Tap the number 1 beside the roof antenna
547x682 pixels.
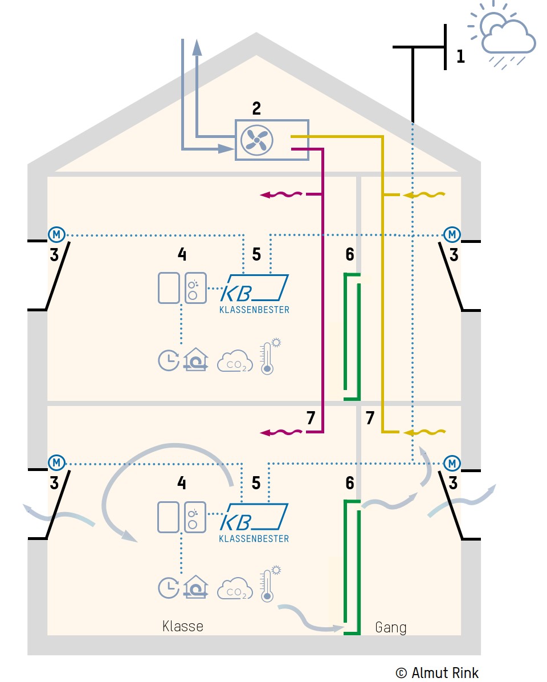click(460, 57)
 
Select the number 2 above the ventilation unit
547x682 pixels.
click(256, 107)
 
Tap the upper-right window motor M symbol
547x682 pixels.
click(452, 234)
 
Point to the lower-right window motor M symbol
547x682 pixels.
click(452, 462)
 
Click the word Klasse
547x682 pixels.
click(182, 626)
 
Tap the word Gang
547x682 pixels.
click(391, 628)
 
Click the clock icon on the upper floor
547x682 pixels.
click(167, 360)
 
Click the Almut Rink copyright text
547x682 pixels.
click(437, 672)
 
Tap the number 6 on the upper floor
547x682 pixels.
click(350, 254)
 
